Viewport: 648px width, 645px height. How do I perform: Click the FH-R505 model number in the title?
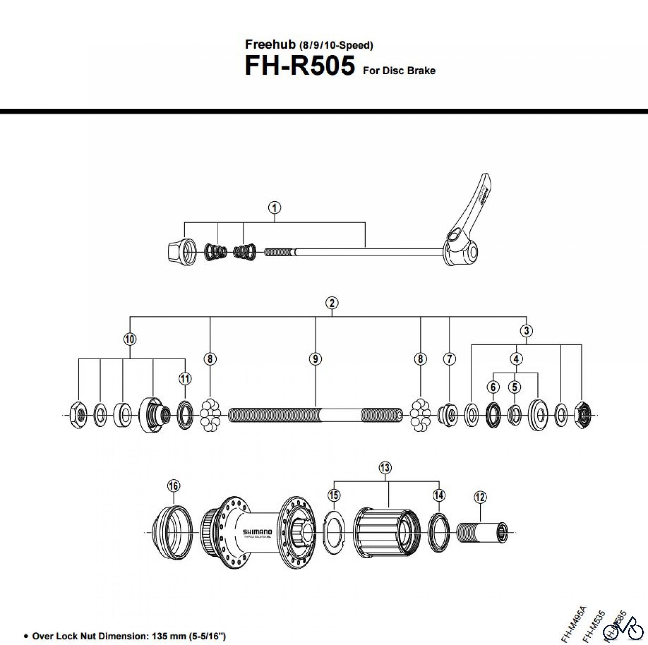tap(300, 66)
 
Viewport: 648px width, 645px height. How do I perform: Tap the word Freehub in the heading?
tap(270, 44)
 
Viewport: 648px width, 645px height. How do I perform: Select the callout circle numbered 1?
tap(275, 208)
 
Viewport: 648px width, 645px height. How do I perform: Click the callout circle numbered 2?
tap(332, 303)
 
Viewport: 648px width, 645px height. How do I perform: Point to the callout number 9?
tap(315, 358)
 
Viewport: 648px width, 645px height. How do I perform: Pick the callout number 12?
tap(480, 497)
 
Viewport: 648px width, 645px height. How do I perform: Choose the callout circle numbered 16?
tap(174, 486)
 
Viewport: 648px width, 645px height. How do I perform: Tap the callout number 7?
tap(449, 358)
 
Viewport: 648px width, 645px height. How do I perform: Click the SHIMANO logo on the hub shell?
tap(257, 532)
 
